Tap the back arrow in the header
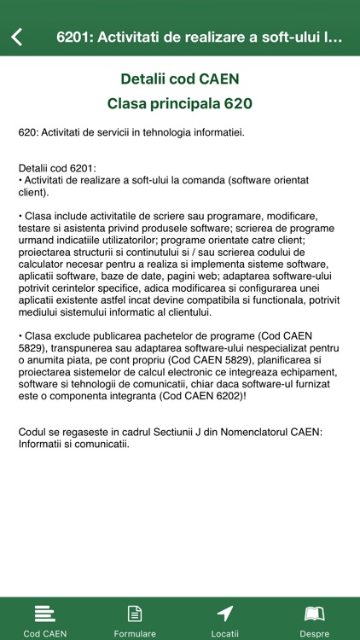pyautogui.click(x=17, y=37)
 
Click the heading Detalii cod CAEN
pyautogui.click(x=179, y=79)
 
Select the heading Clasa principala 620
pyautogui.click(x=179, y=104)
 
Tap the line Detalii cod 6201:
pyautogui.click(x=57, y=168)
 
